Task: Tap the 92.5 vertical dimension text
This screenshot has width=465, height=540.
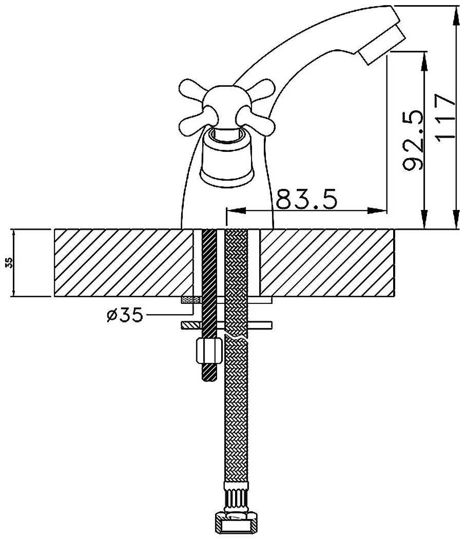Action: (x=413, y=140)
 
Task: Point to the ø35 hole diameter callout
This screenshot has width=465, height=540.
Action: (x=125, y=315)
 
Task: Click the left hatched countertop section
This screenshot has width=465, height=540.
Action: (x=123, y=262)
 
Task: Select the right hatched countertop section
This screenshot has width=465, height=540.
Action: (x=327, y=262)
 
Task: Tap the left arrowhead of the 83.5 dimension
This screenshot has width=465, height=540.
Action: (x=231, y=210)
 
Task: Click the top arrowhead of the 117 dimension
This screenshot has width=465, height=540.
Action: (x=456, y=13)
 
